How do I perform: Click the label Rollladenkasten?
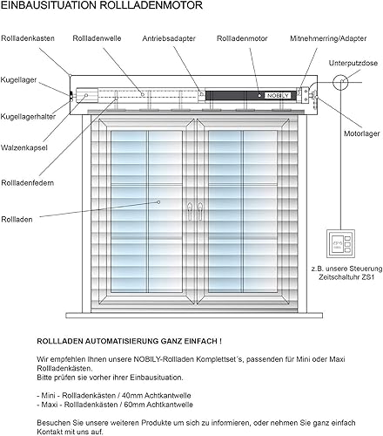pos(28,38)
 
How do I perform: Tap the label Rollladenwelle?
pos(97,38)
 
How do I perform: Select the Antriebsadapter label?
pos(169,38)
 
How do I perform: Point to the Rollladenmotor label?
pos(242,38)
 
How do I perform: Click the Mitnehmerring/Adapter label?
pos(328,38)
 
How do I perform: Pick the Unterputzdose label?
pos(353,63)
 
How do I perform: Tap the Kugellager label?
pos(18,80)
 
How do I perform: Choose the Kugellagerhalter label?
pos(28,117)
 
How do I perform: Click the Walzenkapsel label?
pos(24,147)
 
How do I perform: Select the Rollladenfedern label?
pos(28,183)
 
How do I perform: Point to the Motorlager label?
pos(362,133)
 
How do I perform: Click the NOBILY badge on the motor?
pos(278,96)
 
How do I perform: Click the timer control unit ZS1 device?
pos(340,243)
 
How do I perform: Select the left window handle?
pos(190,210)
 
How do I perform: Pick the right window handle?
pos(200,210)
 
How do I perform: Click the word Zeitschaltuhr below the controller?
pos(339,277)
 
